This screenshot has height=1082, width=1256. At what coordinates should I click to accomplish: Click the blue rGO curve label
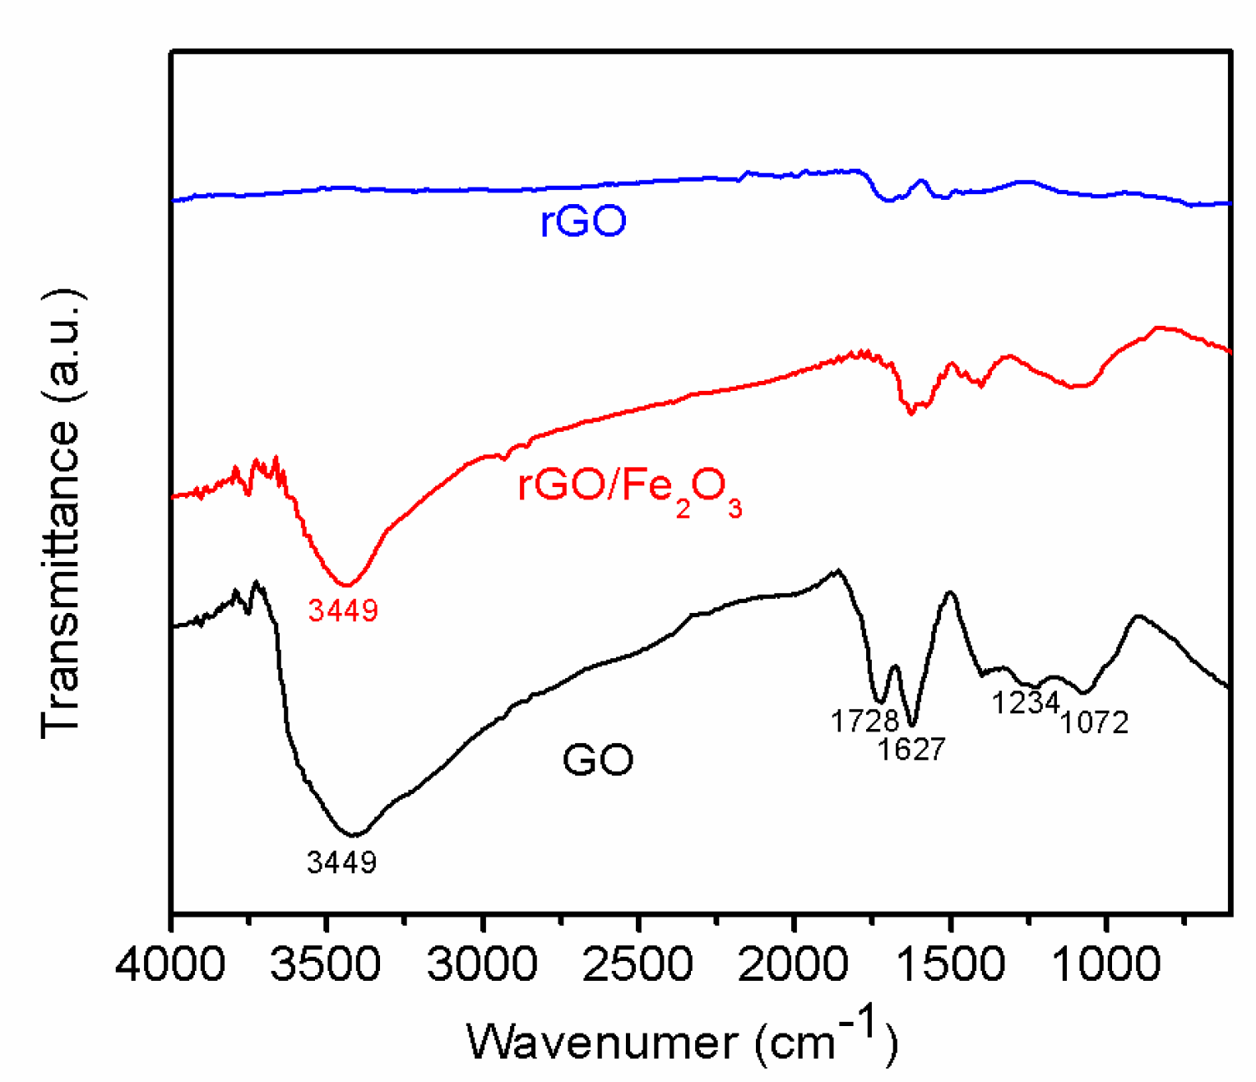(x=583, y=221)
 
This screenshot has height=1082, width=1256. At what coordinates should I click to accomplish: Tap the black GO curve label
(x=598, y=759)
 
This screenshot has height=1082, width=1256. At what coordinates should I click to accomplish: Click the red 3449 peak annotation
(x=343, y=611)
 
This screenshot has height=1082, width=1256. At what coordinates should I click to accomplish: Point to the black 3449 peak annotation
(x=341, y=862)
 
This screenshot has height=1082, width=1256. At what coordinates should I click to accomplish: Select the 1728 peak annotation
(x=864, y=722)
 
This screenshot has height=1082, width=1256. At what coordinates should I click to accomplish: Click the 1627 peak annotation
(x=911, y=750)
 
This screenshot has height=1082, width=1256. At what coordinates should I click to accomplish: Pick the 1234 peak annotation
(x=1025, y=704)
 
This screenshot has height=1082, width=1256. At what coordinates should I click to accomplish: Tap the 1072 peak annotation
(x=1094, y=722)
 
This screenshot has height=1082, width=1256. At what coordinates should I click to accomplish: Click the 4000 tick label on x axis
(x=170, y=964)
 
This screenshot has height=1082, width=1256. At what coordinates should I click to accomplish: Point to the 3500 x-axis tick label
(x=327, y=964)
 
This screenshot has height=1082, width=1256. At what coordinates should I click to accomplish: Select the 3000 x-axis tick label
(x=483, y=964)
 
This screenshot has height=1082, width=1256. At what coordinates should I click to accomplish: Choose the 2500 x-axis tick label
(x=638, y=964)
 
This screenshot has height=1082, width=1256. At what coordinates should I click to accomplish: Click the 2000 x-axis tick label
(x=795, y=964)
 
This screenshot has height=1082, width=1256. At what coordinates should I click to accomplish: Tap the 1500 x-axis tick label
(x=950, y=964)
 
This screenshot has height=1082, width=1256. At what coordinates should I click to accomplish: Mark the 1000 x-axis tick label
(x=1106, y=964)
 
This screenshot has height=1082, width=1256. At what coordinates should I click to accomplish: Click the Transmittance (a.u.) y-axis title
(x=62, y=514)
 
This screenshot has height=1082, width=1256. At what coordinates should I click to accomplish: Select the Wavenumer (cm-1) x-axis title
(x=682, y=1040)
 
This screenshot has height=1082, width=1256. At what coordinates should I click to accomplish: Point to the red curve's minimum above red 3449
(x=347, y=585)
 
